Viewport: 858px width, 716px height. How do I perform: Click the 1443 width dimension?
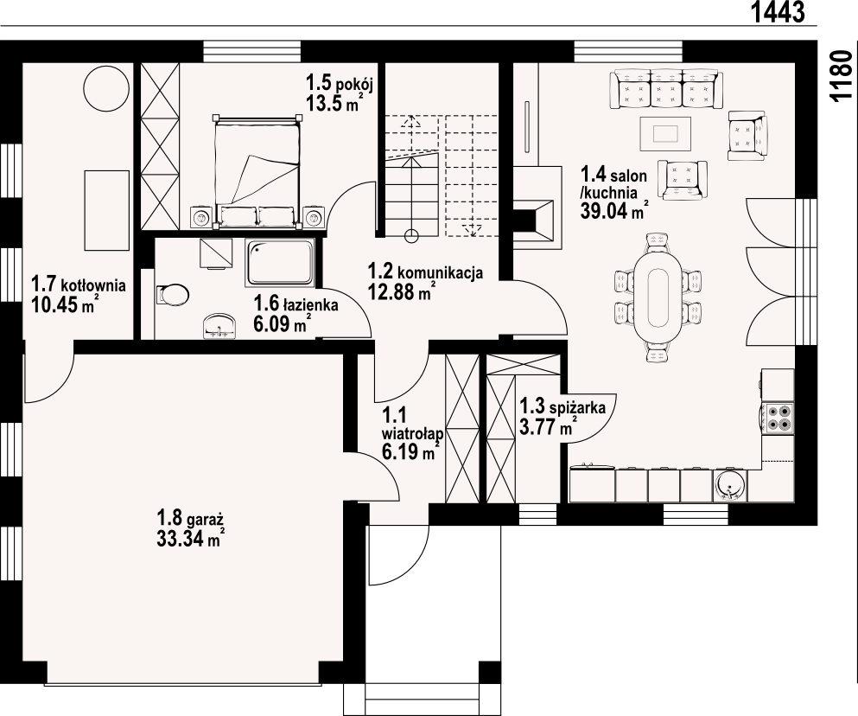(779, 11)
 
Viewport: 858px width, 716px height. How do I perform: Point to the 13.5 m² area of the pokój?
(334, 102)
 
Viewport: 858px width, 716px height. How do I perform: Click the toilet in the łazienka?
(172, 294)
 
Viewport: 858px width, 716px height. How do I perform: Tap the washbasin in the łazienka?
(220, 326)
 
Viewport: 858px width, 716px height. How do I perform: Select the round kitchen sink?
(729, 485)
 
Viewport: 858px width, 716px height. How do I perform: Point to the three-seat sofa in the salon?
(666, 88)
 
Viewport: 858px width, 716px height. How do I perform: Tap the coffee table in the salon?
(665, 133)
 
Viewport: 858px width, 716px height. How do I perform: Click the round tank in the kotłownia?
(106, 87)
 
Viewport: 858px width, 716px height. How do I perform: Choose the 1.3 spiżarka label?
(562, 407)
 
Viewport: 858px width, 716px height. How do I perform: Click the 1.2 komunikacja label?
(425, 272)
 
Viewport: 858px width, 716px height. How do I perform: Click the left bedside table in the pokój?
(201, 218)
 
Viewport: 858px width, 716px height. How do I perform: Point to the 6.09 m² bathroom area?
(279, 323)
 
